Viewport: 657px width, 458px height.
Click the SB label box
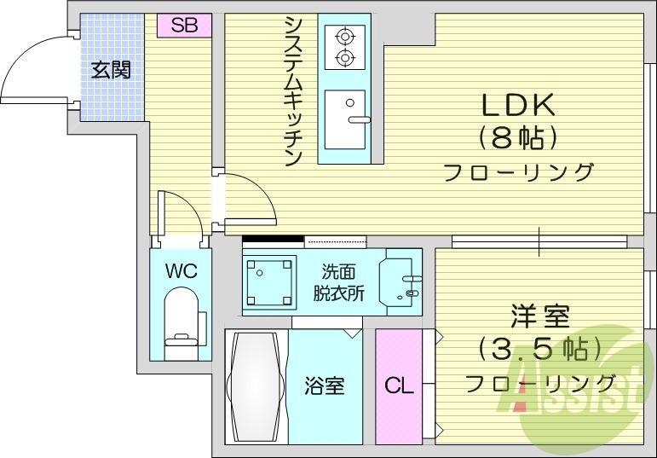[x=184, y=26]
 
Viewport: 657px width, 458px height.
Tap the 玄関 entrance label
[x=112, y=70]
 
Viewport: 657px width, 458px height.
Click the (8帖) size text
[x=518, y=136]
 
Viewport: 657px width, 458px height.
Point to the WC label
[x=181, y=272]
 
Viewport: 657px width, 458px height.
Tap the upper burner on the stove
[x=344, y=37]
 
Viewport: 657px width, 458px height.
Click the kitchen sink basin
[x=344, y=119]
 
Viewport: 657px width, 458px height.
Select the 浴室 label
[x=325, y=386]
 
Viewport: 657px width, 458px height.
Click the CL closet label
[x=398, y=386]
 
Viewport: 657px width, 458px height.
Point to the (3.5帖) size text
[x=539, y=348]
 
